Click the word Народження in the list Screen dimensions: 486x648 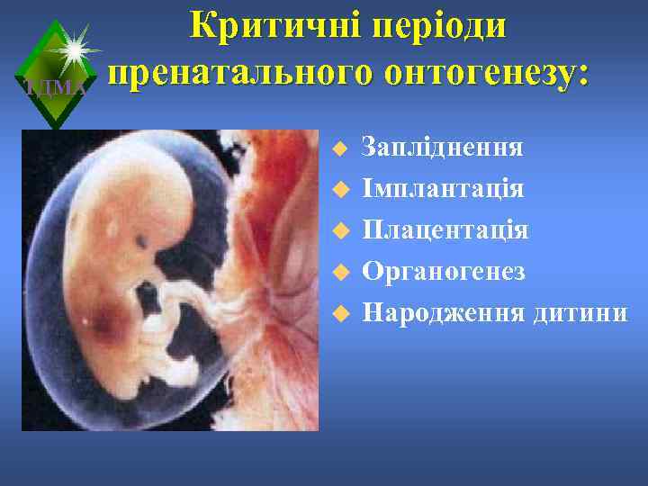pyautogui.click(x=443, y=313)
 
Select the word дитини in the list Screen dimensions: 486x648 pyautogui.click(x=580, y=313)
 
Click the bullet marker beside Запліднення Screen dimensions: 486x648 pyautogui.click(x=339, y=147)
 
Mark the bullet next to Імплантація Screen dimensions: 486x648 pyautogui.click(x=339, y=189)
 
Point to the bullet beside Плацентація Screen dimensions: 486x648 pyautogui.click(x=339, y=230)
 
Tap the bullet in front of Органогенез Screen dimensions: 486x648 pyautogui.click(x=339, y=272)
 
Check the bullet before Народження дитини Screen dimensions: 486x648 pyautogui.click(x=339, y=314)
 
